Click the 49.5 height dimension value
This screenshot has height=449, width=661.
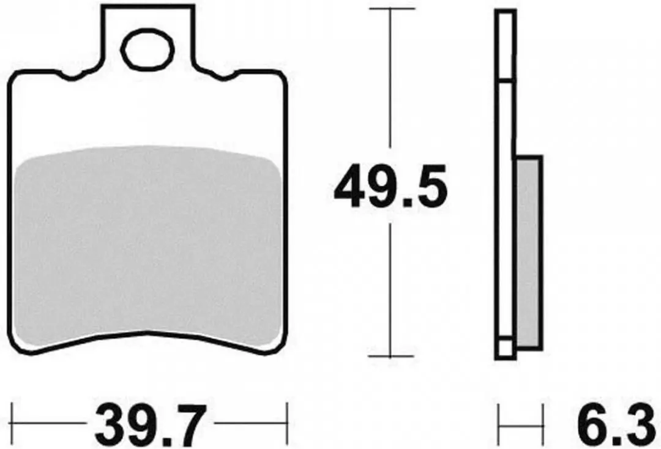point(390,186)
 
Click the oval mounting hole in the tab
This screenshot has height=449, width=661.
point(148,50)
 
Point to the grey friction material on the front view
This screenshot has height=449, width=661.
point(148,244)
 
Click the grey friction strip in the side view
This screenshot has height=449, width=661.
point(528,253)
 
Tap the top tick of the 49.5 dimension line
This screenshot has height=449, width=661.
point(392,9)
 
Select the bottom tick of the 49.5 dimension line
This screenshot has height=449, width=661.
point(392,357)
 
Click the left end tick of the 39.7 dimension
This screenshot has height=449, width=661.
point(12,423)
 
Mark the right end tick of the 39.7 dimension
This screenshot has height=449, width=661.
point(287,423)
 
